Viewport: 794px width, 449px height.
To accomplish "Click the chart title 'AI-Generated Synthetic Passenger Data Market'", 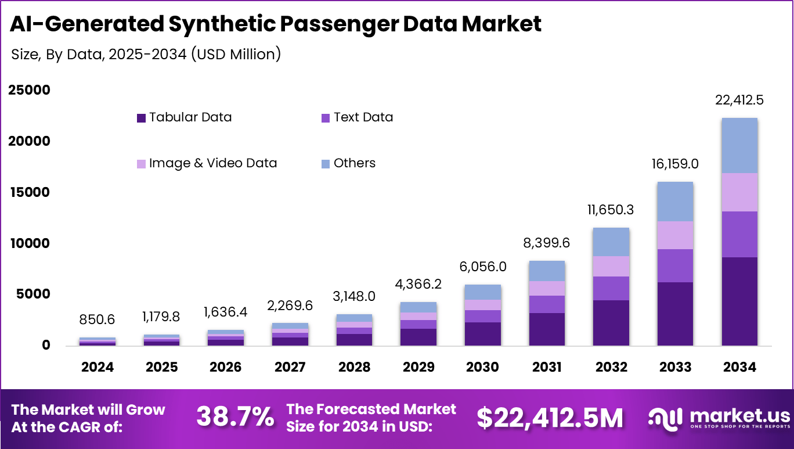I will point(276,24).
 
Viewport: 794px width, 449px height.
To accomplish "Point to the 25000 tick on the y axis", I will point(29,90).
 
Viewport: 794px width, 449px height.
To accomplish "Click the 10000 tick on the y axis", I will point(29,243).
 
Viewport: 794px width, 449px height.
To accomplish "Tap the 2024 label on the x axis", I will point(98,367).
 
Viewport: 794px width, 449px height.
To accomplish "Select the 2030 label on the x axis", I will point(482,367).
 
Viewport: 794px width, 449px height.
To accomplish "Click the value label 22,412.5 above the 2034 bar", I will point(739,100).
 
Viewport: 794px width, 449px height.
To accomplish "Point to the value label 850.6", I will point(98,319).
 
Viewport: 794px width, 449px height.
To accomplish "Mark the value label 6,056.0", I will point(482,267).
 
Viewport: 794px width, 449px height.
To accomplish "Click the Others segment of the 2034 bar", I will point(739,145).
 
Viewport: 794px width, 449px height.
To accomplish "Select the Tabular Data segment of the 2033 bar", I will point(675,314).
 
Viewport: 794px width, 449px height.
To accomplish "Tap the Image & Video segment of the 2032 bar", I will point(611,266).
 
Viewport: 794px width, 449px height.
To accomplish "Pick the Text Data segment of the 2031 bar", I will point(547,304).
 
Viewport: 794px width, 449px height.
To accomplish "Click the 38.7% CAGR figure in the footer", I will point(235,417).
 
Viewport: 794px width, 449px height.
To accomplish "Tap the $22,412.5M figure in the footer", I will point(550,418).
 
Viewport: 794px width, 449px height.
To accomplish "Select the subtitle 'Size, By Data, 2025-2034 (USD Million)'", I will point(146,55).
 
